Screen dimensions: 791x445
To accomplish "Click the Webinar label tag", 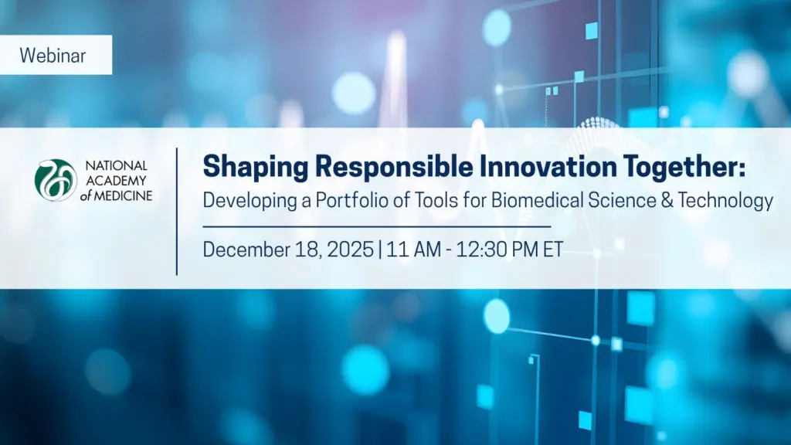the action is [56, 55].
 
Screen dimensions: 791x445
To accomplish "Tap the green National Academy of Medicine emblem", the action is [56, 180].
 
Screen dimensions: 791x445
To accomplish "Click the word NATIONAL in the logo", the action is [116, 165].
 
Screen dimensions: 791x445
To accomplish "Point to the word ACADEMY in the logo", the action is [116, 180].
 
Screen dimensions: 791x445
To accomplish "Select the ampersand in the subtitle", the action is [667, 200].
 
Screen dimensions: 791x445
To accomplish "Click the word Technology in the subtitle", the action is [725, 201].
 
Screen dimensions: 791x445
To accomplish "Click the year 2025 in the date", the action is [350, 250].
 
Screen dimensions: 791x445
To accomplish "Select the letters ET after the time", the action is [553, 250].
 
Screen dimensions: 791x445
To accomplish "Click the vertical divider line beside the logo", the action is [177, 212].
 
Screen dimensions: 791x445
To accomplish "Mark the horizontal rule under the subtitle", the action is [377, 227].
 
